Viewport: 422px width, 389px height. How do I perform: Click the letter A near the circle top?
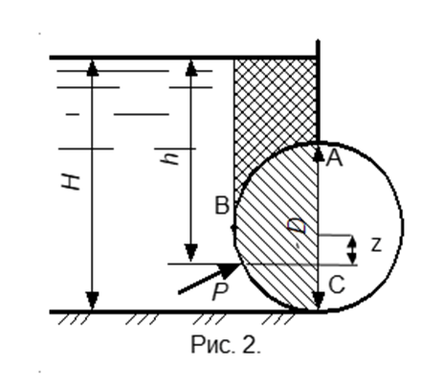point(334,158)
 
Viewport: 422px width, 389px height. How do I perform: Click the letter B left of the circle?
point(222,205)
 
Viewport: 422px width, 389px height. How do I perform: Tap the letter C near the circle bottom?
point(337,285)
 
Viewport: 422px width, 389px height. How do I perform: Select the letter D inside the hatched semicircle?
point(297,226)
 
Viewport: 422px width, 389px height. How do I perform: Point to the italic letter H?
point(71,182)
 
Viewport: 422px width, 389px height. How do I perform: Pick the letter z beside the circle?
point(376,245)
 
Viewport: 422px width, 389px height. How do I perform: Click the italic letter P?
point(220,291)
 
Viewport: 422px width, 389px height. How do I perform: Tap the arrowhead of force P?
point(231,270)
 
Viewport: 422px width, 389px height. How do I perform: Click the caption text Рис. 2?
point(226,345)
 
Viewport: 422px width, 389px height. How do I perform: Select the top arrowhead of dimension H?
point(93,68)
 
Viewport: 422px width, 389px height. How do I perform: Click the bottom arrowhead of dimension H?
point(93,301)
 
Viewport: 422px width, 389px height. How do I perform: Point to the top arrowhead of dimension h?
point(191,68)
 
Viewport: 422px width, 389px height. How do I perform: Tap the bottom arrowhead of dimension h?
point(191,253)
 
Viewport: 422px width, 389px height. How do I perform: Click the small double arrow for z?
point(351,250)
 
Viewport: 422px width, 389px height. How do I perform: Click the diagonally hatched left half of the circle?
point(280,230)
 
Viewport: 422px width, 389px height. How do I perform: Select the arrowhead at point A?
point(319,154)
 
